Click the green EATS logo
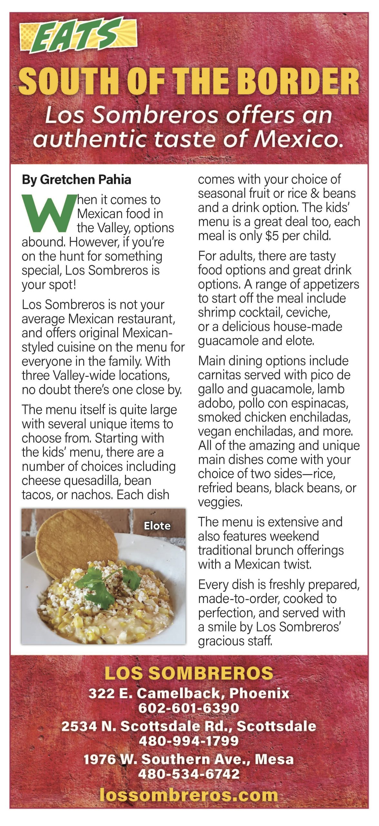(x=77, y=35)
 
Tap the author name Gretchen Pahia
(x=85, y=180)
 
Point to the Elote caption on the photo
(x=157, y=526)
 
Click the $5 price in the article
(x=272, y=236)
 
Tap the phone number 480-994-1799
(x=189, y=740)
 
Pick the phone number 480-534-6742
(x=189, y=774)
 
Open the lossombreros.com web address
(x=189, y=795)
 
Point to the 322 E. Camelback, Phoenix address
(x=189, y=693)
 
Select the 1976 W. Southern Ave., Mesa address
(x=189, y=759)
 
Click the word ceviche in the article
(x=308, y=312)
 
